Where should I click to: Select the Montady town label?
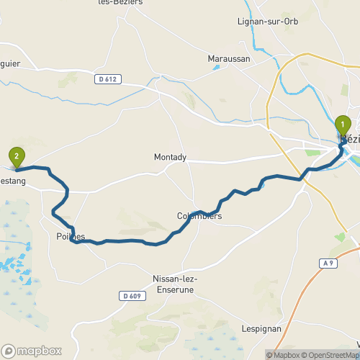click(170, 157)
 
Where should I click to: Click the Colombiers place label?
click(199, 216)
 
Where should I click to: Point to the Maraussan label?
click(228, 58)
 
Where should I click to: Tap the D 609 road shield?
click(131, 296)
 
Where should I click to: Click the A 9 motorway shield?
click(328, 264)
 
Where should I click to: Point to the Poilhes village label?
click(71, 237)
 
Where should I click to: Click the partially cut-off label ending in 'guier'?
click(10, 63)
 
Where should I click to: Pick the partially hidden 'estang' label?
click(13, 181)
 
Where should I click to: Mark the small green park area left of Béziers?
click(313, 152)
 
